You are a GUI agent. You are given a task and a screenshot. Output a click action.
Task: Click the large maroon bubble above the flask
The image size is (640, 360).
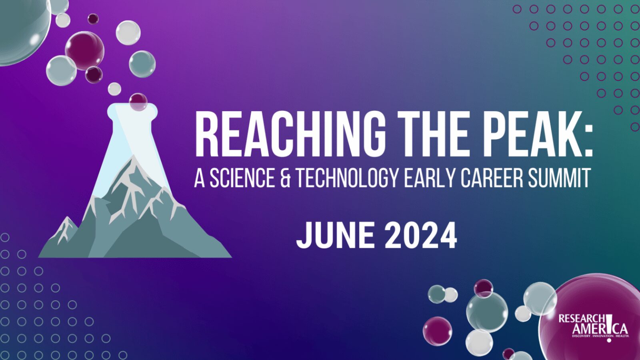click(84, 50)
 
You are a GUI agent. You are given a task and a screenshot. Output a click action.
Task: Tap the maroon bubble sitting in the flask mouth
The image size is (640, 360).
click(138, 101)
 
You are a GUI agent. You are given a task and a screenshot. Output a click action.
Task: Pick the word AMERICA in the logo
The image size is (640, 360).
click(600, 329)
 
